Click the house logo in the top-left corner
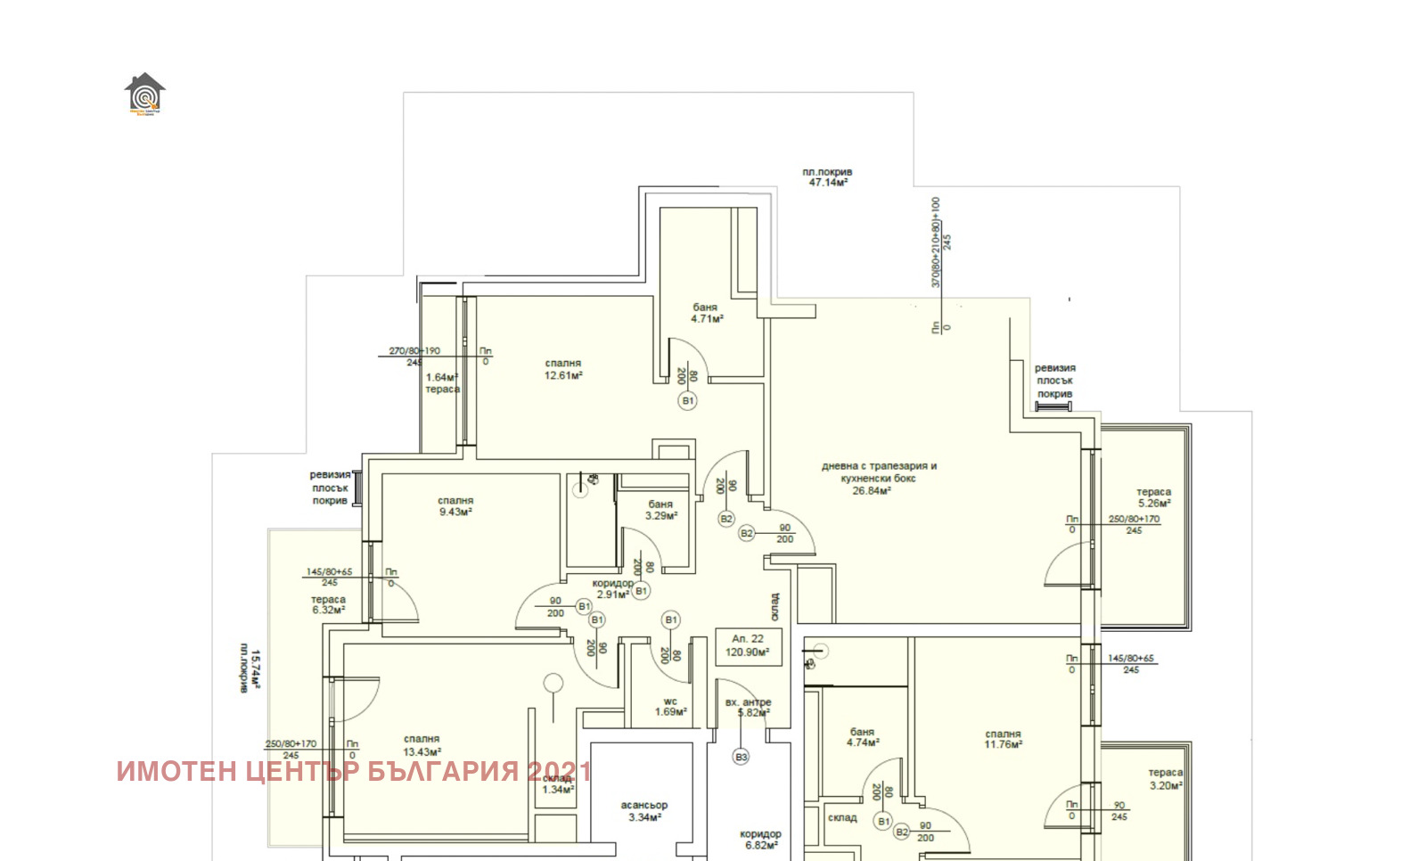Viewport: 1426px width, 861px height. click(x=144, y=94)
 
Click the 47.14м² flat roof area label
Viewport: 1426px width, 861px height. click(x=827, y=177)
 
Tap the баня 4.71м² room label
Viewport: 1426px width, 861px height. click(x=706, y=313)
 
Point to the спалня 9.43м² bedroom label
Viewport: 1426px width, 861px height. click(x=455, y=506)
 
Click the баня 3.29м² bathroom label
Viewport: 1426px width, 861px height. click(x=661, y=510)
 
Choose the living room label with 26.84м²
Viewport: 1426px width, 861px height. click(x=878, y=478)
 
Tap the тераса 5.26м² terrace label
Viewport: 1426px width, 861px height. click(x=1153, y=497)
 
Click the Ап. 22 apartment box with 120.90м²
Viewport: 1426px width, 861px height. click(x=748, y=645)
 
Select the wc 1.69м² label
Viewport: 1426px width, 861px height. click(x=670, y=707)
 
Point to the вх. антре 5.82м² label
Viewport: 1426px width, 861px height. click(x=748, y=708)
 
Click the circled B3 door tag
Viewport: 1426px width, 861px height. click(x=741, y=757)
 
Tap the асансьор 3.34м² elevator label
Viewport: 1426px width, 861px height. click(x=644, y=811)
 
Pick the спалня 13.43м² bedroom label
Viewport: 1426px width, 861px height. click(x=422, y=745)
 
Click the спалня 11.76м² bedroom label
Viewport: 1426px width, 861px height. click(x=1003, y=739)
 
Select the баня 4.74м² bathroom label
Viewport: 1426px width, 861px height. click(x=862, y=736)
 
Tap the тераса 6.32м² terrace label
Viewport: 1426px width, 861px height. click(x=328, y=605)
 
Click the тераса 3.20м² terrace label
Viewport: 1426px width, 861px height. click(x=1165, y=779)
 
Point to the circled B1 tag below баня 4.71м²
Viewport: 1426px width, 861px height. click(x=688, y=401)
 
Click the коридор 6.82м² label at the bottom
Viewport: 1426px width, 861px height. click(x=760, y=840)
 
